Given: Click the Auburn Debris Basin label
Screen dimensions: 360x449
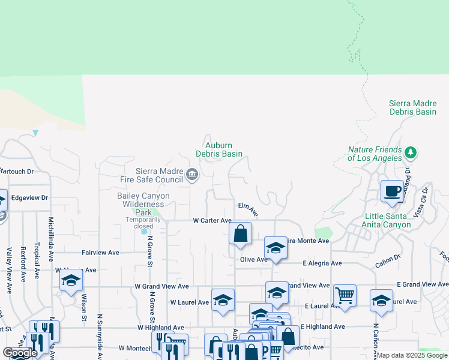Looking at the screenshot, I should [x=219, y=149].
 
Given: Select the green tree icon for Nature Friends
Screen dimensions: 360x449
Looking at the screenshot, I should [x=411, y=152].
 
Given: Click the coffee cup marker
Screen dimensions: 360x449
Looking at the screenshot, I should [x=393, y=191].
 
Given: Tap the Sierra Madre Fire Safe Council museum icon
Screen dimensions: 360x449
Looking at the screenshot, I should [x=191, y=175].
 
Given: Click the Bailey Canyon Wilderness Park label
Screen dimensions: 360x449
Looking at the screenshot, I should [x=143, y=204].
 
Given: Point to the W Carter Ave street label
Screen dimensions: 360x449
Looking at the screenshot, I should [x=212, y=221].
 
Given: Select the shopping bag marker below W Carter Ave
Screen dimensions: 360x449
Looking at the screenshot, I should [x=240, y=233].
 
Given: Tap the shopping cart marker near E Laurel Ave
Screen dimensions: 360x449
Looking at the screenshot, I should [x=345, y=295].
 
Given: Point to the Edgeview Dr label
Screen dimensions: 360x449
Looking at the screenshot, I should [x=29, y=197].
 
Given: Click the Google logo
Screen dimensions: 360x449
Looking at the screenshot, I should [x=20, y=353].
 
